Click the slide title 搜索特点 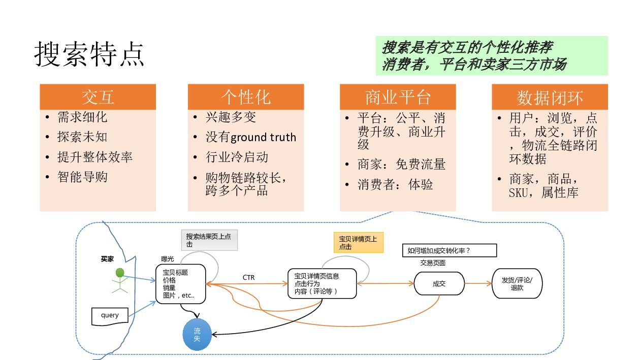[x=89, y=54]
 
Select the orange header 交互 [x=98, y=97]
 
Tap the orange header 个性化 [x=245, y=97]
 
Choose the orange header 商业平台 [x=398, y=97]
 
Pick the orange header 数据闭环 [x=550, y=97]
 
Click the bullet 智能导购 [x=82, y=177]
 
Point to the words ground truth [x=263, y=138]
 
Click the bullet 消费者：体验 [x=395, y=184]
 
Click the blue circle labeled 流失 [x=197, y=335]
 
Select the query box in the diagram [x=110, y=315]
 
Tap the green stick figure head [x=120, y=273]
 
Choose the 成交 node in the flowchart [x=439, y=283]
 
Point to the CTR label [x=249, y=278]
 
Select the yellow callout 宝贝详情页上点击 [x=358, y=242]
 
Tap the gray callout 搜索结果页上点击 [x=209, y=240]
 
